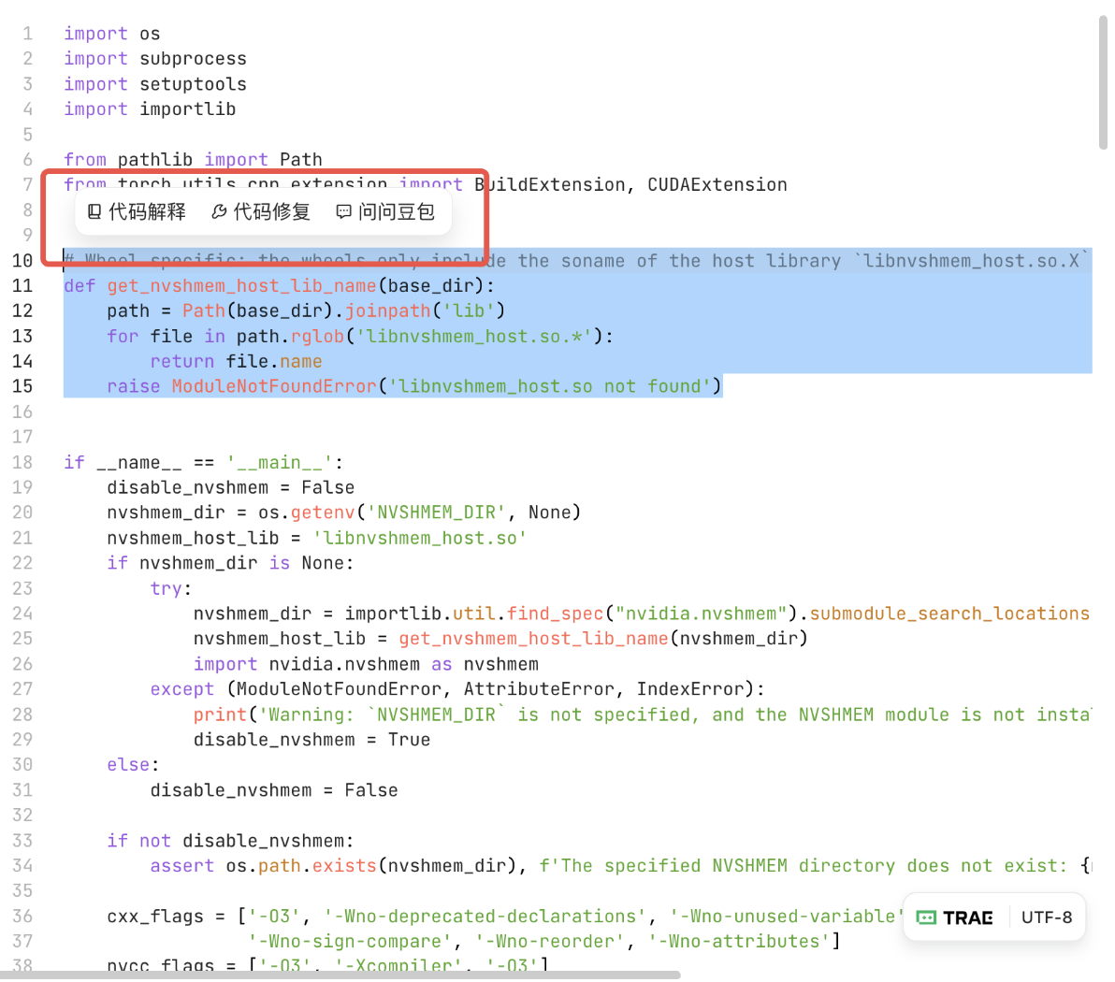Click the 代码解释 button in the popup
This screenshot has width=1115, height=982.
[137, 212]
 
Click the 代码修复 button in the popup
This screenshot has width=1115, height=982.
[261, 212]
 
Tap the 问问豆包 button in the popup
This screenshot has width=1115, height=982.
[385, 212]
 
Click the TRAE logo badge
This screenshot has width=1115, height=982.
[955, 917]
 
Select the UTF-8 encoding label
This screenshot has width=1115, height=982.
[1047, 917]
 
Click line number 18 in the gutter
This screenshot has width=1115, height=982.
[22, 462]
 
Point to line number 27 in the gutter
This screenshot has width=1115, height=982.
[22, 689]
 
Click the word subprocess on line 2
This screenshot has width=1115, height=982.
[193, 59]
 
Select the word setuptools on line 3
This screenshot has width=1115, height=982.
[193, 84]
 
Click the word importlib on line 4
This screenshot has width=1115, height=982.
[187, 109]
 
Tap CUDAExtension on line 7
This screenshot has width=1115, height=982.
[717, 185]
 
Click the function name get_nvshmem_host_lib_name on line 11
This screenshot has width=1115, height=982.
[241, 285]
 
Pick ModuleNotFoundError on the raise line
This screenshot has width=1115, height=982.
[273, 386]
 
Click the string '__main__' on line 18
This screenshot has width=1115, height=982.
[280, 462]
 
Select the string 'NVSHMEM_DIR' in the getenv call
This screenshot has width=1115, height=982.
[437, 513]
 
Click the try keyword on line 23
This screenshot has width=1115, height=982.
[166, 588]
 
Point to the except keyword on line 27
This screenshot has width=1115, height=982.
[181, 689]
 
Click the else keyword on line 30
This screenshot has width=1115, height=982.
[128, 765]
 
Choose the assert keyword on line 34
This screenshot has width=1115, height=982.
[181, 866]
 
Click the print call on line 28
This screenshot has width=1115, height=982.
[220, 715]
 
